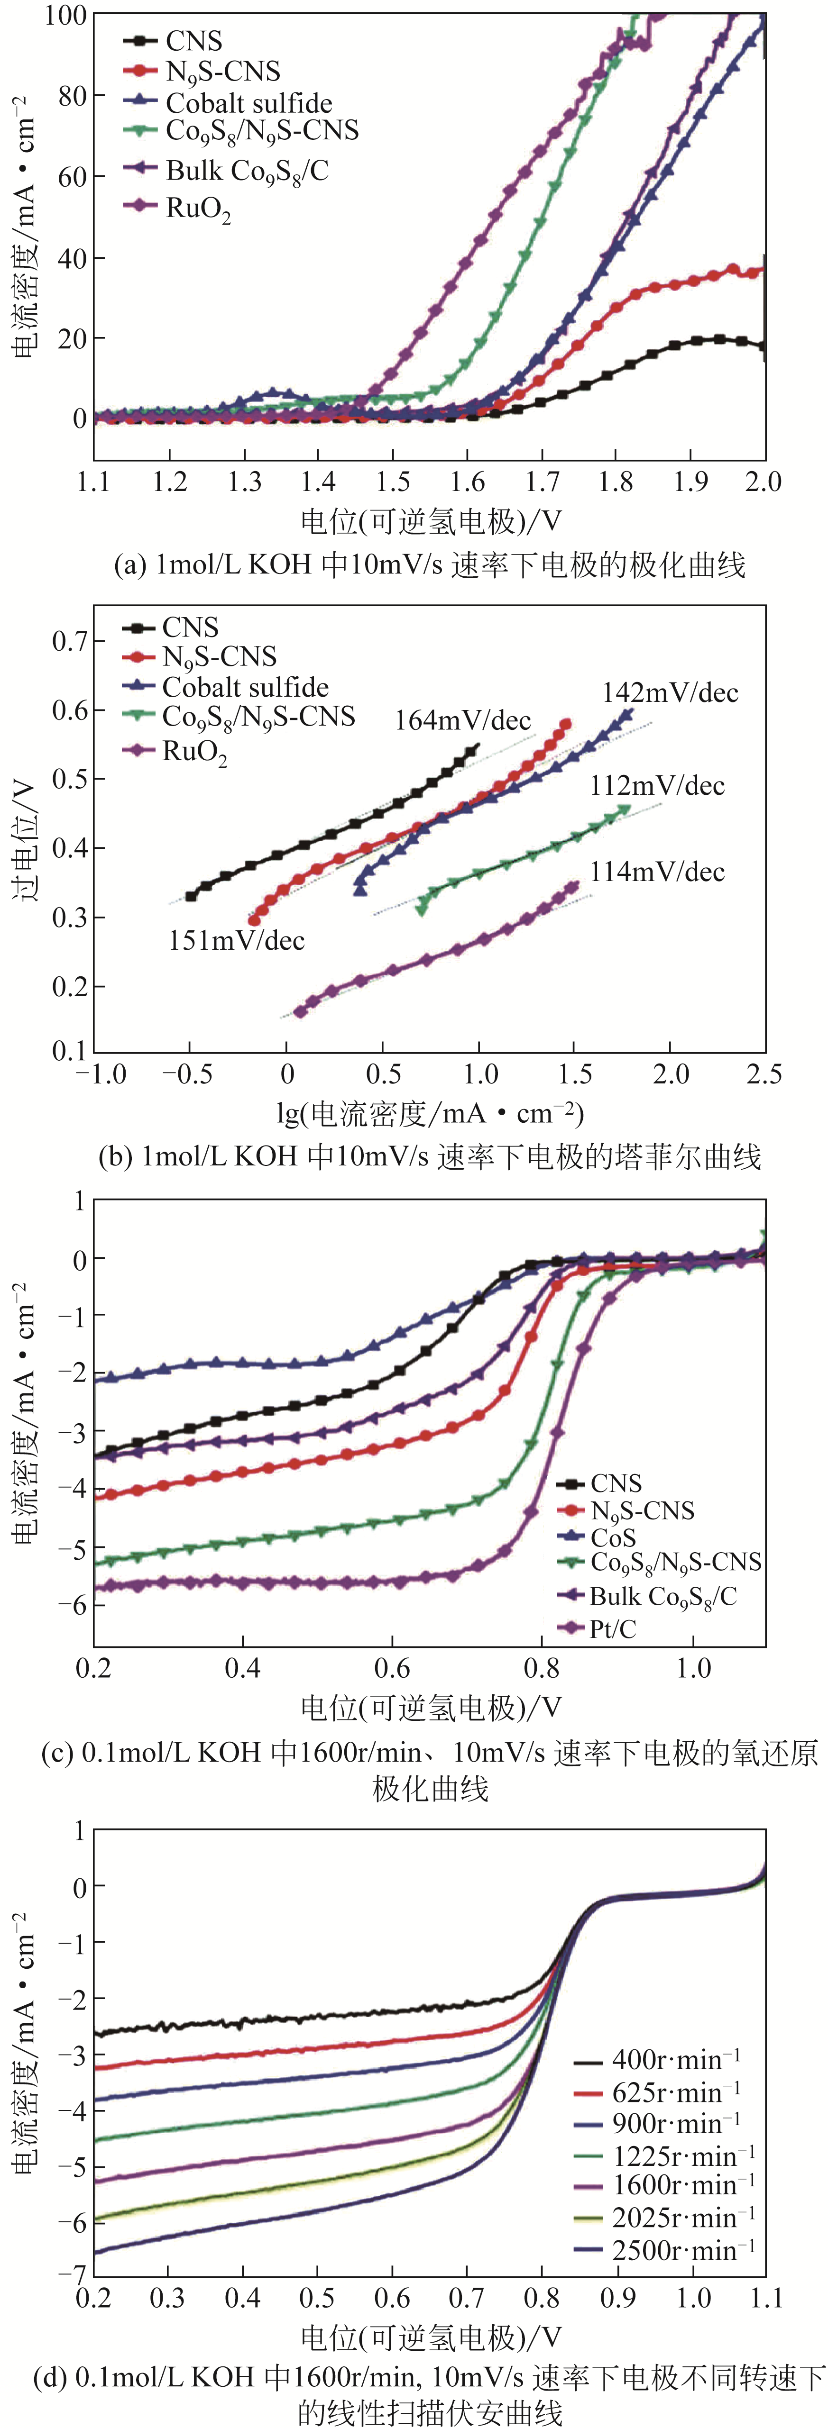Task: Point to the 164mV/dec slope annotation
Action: (x=462, y=721)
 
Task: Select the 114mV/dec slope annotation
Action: (x=657, y=872)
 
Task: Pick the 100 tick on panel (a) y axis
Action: (x=66, y=15)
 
